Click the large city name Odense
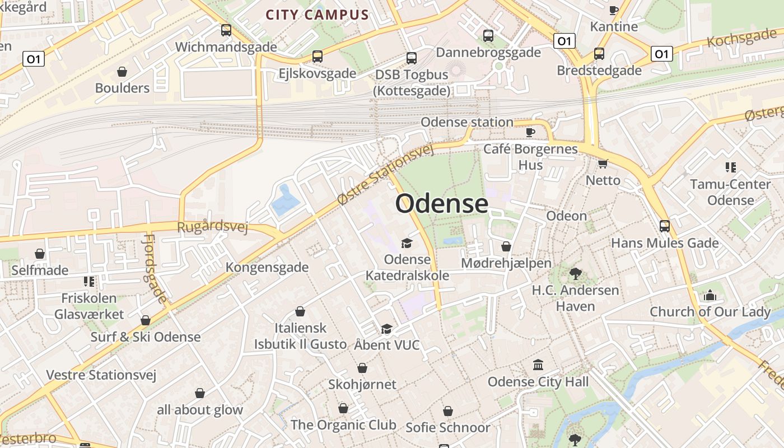tap(442, 203)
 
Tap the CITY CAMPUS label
tap(317, 15)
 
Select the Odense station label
tap(466, 122)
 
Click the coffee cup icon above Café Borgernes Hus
tap(530, 132)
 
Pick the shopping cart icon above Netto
tap(603, 164)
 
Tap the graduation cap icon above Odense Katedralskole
tap(407, 243)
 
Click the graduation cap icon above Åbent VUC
tap(386, 329)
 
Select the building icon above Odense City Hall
tap(538, 365)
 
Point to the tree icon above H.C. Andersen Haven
tap(575, 273)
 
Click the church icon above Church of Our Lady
tap(710, 295)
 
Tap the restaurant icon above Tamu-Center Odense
tap(730, 167)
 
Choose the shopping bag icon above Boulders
tap(122, 72)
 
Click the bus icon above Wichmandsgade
tap(226, 30)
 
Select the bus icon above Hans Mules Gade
tap(665, 226)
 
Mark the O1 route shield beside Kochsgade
tap(661, 54)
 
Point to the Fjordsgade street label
tap(155, 269)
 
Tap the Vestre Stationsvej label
tap(101, 375)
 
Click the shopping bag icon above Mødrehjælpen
tap(506, 246)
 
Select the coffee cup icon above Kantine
tap(614, 10)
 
